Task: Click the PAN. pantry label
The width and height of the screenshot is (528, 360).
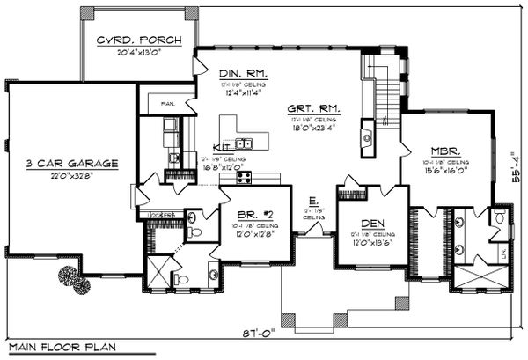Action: pyautogui.click(x=169, y=103)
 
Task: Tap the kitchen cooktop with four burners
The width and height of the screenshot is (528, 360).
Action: pyautogui.click(x=244, y=177)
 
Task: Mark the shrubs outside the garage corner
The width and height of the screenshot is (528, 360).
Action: pyautogui.click(x=73, y=279)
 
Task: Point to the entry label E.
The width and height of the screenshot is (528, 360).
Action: pyautogui.click(x=312, y=200)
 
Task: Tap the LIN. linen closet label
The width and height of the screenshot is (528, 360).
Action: pyautogui.click(x=503, y=253)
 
